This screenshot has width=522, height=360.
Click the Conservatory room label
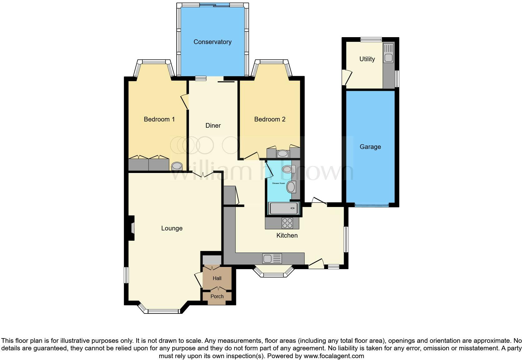212,42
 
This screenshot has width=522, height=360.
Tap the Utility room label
367,59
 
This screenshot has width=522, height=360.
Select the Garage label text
370,147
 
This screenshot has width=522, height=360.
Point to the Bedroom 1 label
159,119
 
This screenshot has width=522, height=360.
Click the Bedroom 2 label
269,119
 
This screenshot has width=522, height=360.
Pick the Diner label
213,126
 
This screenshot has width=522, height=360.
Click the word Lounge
172,228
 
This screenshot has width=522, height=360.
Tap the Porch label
217,296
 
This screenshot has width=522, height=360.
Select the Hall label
217,278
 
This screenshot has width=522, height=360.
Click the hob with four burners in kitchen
287,223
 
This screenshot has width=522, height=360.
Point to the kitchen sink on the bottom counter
272,259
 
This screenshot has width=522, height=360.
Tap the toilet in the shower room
288,169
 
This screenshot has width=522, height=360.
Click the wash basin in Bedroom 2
283,154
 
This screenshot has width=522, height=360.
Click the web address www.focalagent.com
334,356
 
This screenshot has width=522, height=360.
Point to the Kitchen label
287,235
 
